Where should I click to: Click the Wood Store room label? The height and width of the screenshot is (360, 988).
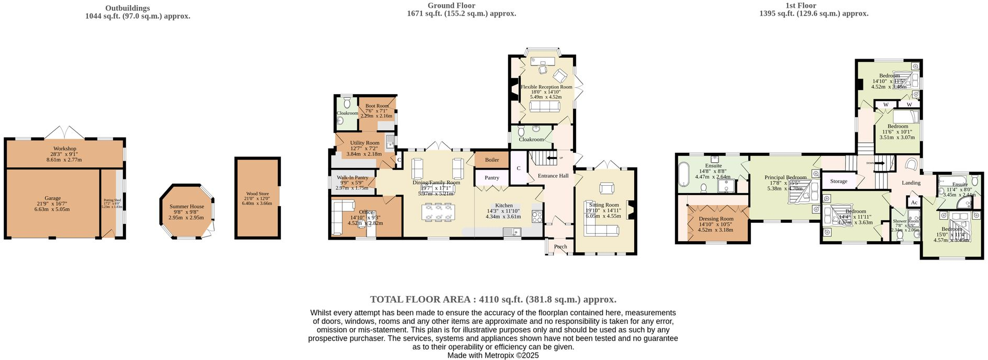[x=257, y=194]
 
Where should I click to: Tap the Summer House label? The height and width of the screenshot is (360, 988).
[x=186, y=207]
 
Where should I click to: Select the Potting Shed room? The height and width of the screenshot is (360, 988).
[x=113, y=203]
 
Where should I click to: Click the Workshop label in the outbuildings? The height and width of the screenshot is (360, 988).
[x=64, y=149]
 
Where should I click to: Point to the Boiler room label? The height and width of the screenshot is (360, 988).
[x=492, y=160]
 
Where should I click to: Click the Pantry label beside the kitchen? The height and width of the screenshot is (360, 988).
[x=492, y=178]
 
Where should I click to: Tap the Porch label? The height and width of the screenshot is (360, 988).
[x=560, y=246]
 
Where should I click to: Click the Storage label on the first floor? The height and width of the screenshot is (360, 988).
[x=838, y=181]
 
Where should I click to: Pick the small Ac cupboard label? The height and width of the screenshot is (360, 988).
[x=914, y=203]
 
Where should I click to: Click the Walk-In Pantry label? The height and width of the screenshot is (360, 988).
[x=352, y=178]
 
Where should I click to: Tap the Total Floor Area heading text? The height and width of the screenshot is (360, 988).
[x=493, y=300]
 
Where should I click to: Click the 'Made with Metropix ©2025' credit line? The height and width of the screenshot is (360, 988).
[x=493, y=355]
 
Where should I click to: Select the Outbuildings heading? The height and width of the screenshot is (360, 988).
[x=127, y=8]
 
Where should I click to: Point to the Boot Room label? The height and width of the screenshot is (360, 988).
[x=377, y=106]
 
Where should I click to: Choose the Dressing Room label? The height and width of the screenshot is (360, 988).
[x=715, y=219]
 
